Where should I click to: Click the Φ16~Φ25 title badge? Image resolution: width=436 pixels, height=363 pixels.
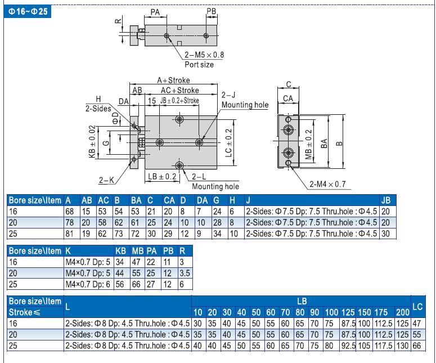(27, 11)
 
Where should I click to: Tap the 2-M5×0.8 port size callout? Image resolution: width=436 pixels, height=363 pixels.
(204, 55)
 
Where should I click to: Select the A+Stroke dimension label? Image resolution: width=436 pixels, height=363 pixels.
(173, 80)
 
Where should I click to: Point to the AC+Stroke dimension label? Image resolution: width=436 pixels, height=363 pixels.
(180, 91)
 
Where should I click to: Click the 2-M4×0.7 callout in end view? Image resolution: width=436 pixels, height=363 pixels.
(327, 184)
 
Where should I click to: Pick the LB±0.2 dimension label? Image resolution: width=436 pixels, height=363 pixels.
(162, 177)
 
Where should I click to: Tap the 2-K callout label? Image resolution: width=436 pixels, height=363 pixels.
(106, 180)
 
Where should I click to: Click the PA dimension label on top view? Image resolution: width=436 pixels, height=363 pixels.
(155, 12)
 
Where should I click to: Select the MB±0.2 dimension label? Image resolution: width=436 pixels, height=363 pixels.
(309, 145)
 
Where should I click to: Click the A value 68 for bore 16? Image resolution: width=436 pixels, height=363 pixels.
(70, 212)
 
